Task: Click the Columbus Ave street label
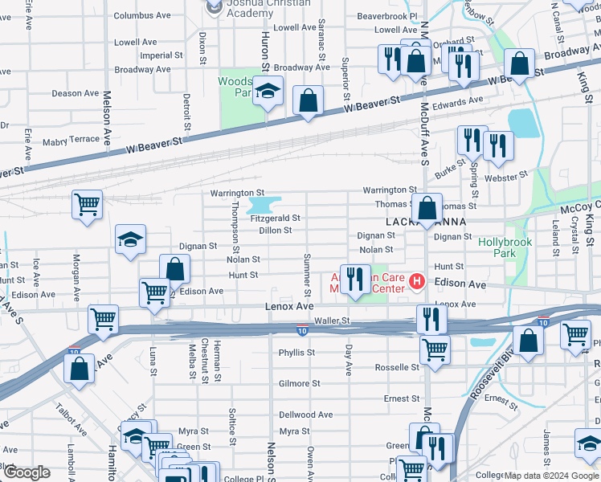142,15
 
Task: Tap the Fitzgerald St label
275,218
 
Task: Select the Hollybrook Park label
507,247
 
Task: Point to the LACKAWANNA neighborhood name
416,221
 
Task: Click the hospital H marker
416,280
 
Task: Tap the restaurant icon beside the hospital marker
355,280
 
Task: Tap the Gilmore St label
299,383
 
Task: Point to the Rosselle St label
397,367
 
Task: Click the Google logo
27,472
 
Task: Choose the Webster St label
510,174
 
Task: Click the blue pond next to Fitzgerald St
272,202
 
